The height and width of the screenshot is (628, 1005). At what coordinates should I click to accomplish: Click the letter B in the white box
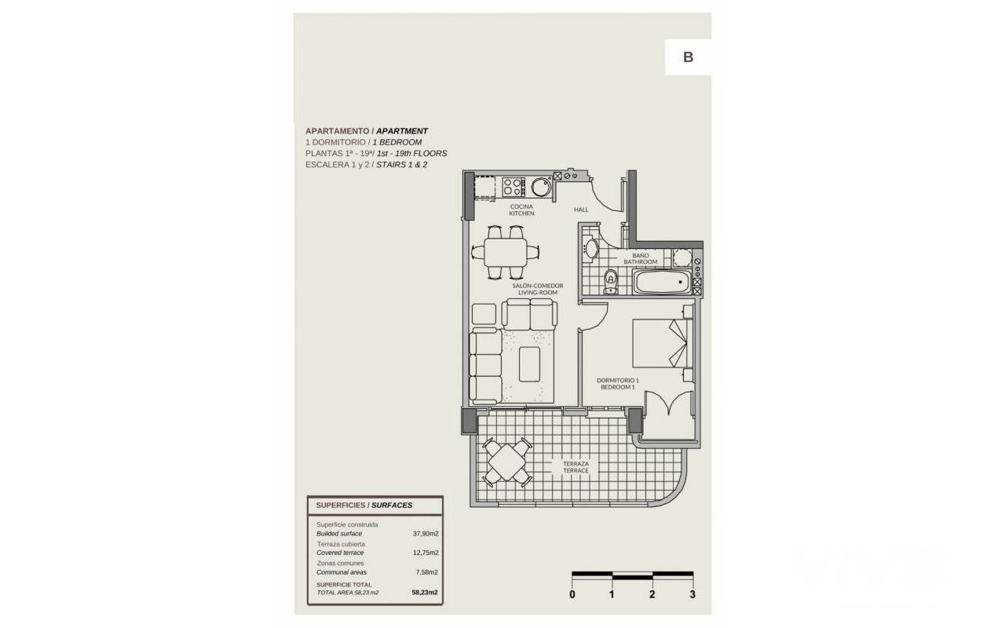689,57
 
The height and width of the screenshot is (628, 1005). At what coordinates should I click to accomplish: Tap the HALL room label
581,210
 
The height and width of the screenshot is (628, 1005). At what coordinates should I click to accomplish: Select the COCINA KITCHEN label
521,210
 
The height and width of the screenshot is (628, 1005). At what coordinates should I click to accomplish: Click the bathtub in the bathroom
662,282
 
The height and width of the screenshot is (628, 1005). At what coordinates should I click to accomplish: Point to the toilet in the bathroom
611,282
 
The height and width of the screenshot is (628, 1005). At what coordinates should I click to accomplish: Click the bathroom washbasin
590,249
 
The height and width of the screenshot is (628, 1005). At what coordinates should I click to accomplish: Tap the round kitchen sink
542,187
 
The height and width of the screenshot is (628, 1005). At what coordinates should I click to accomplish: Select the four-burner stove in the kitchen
513,187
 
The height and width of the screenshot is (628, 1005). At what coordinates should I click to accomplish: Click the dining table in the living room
505,252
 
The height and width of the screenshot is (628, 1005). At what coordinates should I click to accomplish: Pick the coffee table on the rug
529,364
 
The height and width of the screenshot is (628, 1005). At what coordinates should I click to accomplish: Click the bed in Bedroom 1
663,343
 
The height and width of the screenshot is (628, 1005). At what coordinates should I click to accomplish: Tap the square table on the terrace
506,462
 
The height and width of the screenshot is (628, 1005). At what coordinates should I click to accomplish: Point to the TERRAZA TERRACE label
576,467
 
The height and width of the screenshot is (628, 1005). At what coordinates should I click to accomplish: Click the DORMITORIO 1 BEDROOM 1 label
618,384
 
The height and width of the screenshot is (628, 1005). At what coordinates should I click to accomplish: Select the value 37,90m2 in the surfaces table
426,534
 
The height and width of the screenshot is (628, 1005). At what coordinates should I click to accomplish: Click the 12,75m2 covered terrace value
426,553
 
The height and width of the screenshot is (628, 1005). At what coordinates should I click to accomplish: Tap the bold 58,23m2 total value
425,592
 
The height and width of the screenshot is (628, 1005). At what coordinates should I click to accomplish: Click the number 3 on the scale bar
693,594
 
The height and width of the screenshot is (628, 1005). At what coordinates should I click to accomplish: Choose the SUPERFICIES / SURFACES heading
364,505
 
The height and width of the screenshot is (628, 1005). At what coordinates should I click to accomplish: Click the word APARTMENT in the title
402,131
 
